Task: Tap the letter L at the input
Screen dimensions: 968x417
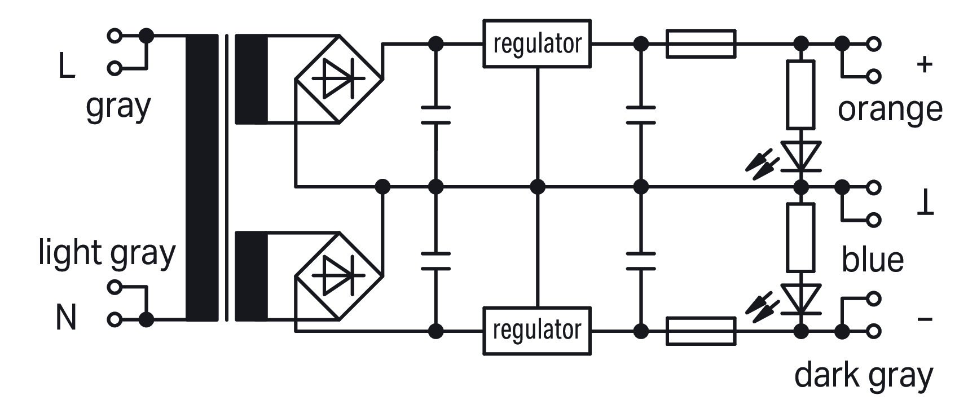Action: click(67, 67)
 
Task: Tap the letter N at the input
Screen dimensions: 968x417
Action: click(66, 318)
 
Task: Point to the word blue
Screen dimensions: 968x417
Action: click(873, 260)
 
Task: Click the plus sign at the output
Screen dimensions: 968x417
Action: click(925, 64)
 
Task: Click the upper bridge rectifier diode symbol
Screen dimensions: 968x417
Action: click(339, 79)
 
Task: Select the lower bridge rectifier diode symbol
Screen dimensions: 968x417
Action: click(339, 275)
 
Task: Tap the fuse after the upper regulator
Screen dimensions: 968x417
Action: click(701, 43)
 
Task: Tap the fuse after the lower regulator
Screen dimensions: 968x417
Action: click(701, 331)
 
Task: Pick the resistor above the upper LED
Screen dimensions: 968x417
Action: click(800, 95)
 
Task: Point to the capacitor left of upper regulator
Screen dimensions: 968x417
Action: click(435, 115)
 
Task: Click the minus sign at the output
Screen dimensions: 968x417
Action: click(925, 320)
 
